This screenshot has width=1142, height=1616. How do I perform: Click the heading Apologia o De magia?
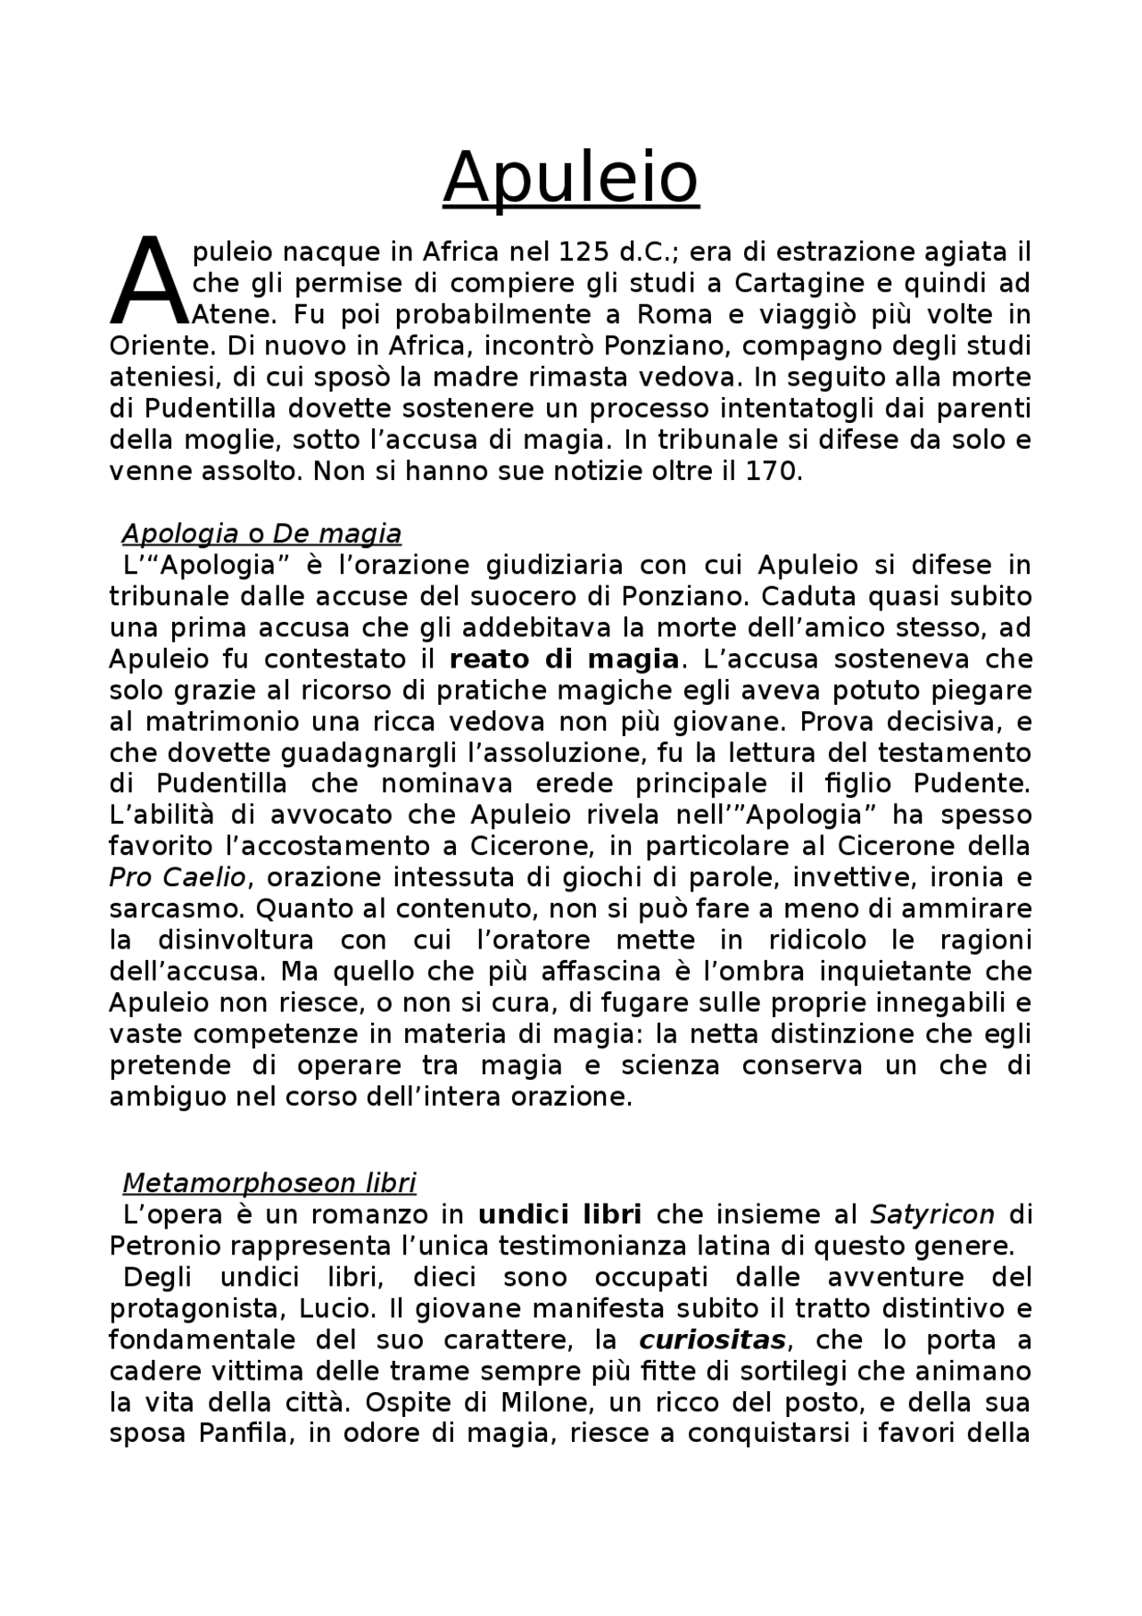point(261,534)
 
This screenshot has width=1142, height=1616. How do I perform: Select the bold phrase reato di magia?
point(565,659)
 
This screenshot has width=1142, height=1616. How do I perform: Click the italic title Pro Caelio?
point(177,878)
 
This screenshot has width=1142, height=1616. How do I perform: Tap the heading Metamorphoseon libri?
point(269,1183)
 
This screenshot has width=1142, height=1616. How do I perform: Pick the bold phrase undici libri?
point(560,1214)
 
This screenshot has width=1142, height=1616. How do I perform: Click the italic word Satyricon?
point(932,1214)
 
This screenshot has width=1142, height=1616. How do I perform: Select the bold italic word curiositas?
point(713,1340)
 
